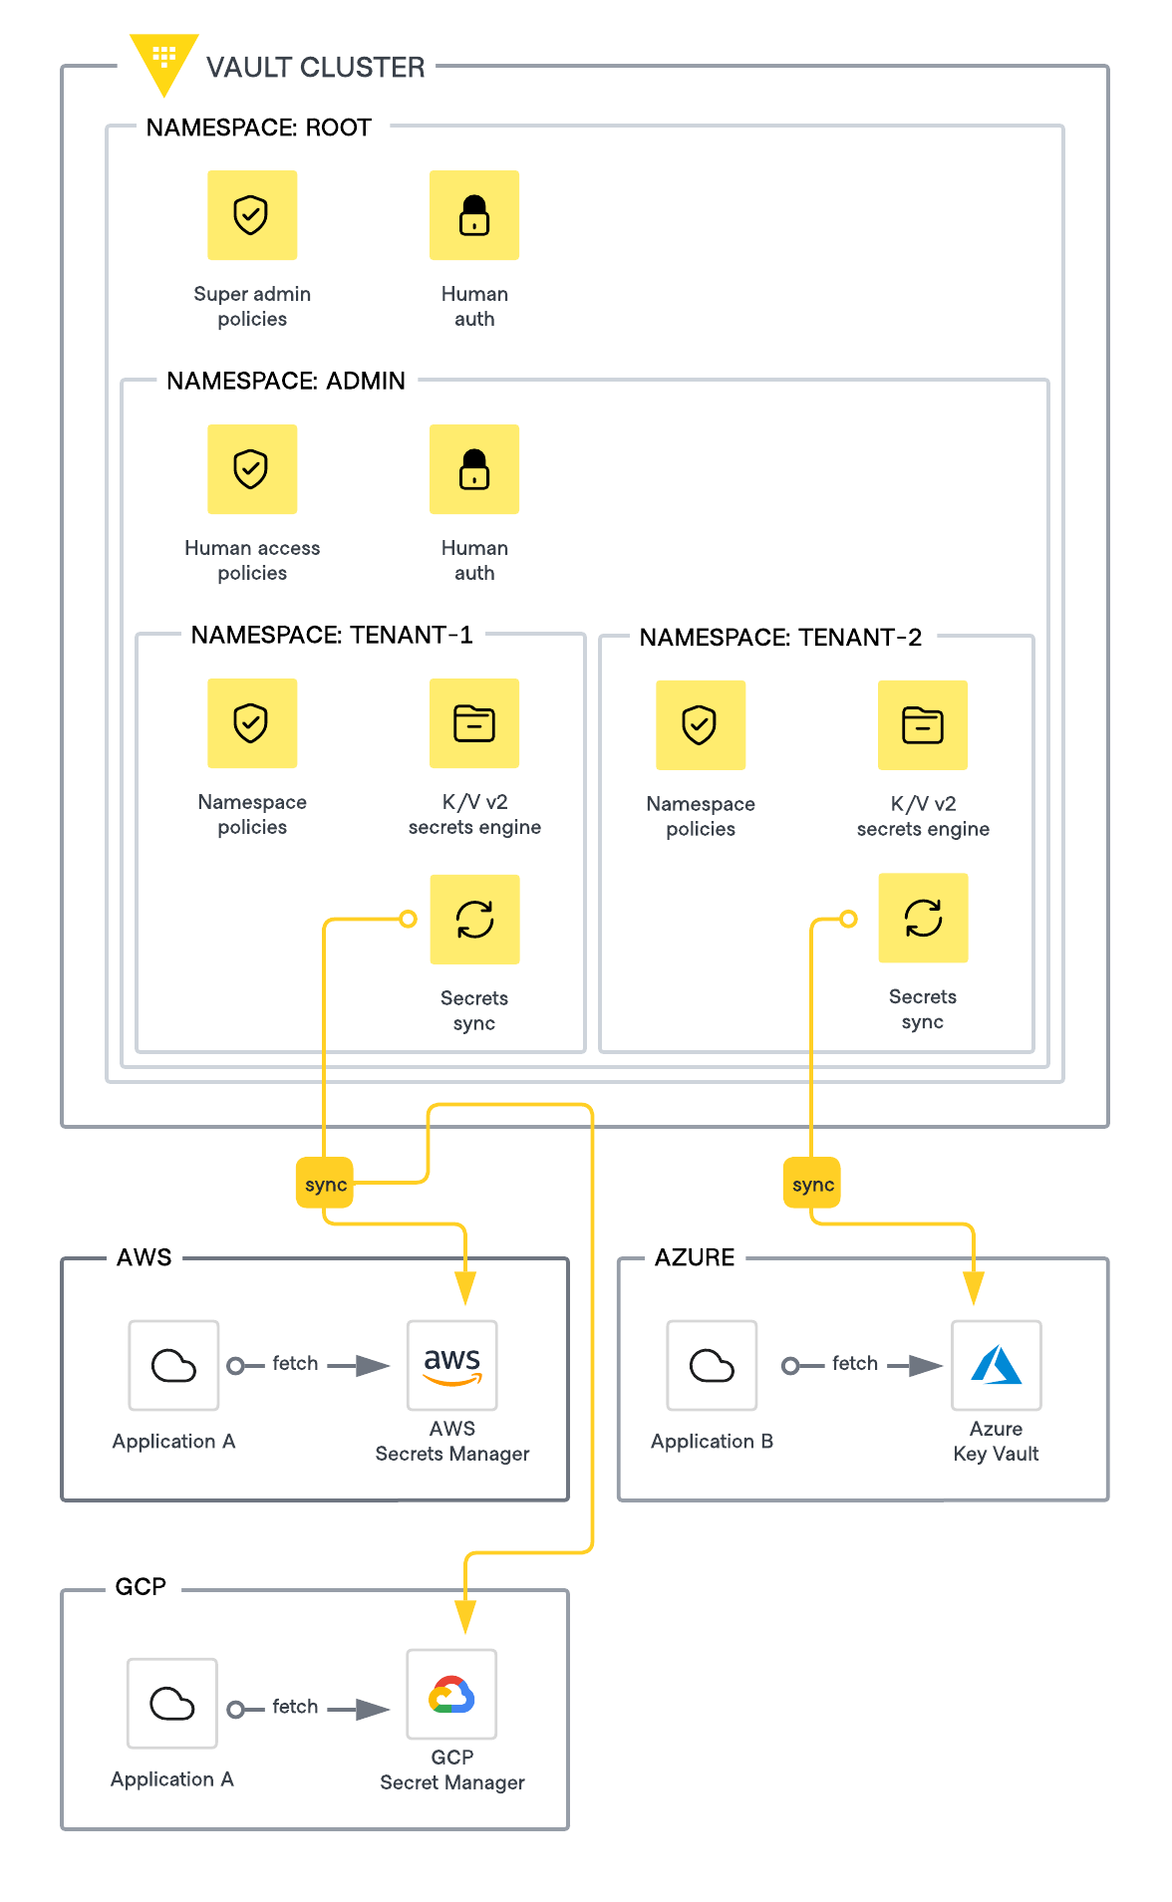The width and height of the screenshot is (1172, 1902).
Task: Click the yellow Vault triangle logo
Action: [163, 60]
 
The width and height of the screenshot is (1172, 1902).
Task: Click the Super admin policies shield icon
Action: [252, 215]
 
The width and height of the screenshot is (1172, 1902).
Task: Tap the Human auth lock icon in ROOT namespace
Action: [474, 215]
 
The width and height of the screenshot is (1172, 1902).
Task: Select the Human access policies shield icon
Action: [252, 469]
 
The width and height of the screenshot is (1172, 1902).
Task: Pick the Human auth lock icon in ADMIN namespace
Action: [474, 469]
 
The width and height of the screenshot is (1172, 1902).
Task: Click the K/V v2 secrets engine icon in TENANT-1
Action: [474, 723]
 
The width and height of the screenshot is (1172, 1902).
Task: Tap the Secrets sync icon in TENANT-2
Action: [923, 918]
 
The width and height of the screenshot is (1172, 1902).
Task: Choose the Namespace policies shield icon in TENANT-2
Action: [701, 725]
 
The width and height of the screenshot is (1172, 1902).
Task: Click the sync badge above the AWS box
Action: [325, 1184]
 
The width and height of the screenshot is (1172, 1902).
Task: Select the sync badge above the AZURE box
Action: [812, 1184]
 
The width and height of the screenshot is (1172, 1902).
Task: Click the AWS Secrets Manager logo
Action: [452, 1365]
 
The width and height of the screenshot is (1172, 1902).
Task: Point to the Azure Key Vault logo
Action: [997, 1365]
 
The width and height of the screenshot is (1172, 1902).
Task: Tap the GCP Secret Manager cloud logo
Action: [451, 1695]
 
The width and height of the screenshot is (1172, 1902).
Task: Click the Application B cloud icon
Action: [712, 1365]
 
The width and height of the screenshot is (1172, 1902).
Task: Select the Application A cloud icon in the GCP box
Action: [172, 1704]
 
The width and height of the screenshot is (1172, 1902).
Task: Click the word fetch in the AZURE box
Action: [855, 1363]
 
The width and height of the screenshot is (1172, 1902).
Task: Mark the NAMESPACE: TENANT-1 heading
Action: [332, 635]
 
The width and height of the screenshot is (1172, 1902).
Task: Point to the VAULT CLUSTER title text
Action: [315, 67]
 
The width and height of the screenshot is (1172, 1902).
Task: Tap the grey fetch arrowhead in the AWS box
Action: [373, 1365]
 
